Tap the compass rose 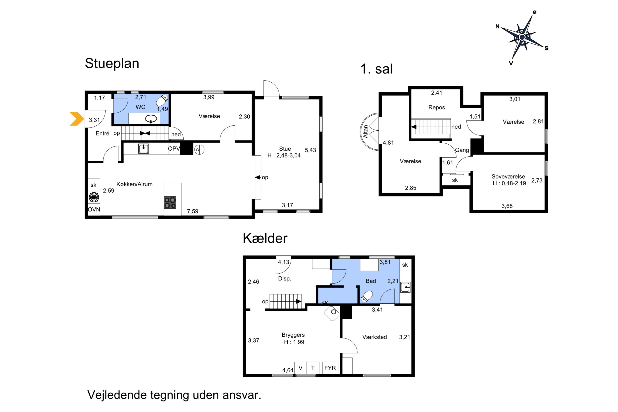pyautogui.click(x=522, y=37)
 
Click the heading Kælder pyautogui.click(x=265, y=238)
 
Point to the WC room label pyautogui.click(x=140, y=107)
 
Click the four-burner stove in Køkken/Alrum pyautogui.click(x=170, y=202)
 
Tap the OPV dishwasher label pyautogui.click(x=174, y=149)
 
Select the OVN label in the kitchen pyautogui.click(x=94, y=210)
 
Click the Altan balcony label pyautogui.click(x=365, y=131)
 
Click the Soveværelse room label pyautogui.click(x=508, y=176)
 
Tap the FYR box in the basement pyautogui.click(x=330, y=368)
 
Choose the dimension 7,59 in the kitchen pyautogui.click(x=193, y=211)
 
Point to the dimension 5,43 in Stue pyautogui.click(x=310, y=150)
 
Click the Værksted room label pyautogui.click(x=375, y=337)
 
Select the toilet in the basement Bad pyautogui.click(x=367, y=296)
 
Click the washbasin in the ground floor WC pyautogui.click(x=151, y=119)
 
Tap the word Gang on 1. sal pyautogui.click(x=462, y=150)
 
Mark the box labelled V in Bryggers pyautogui.click(x=301, y=368)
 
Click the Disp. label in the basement pyautogui.click(x=284, y=279)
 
